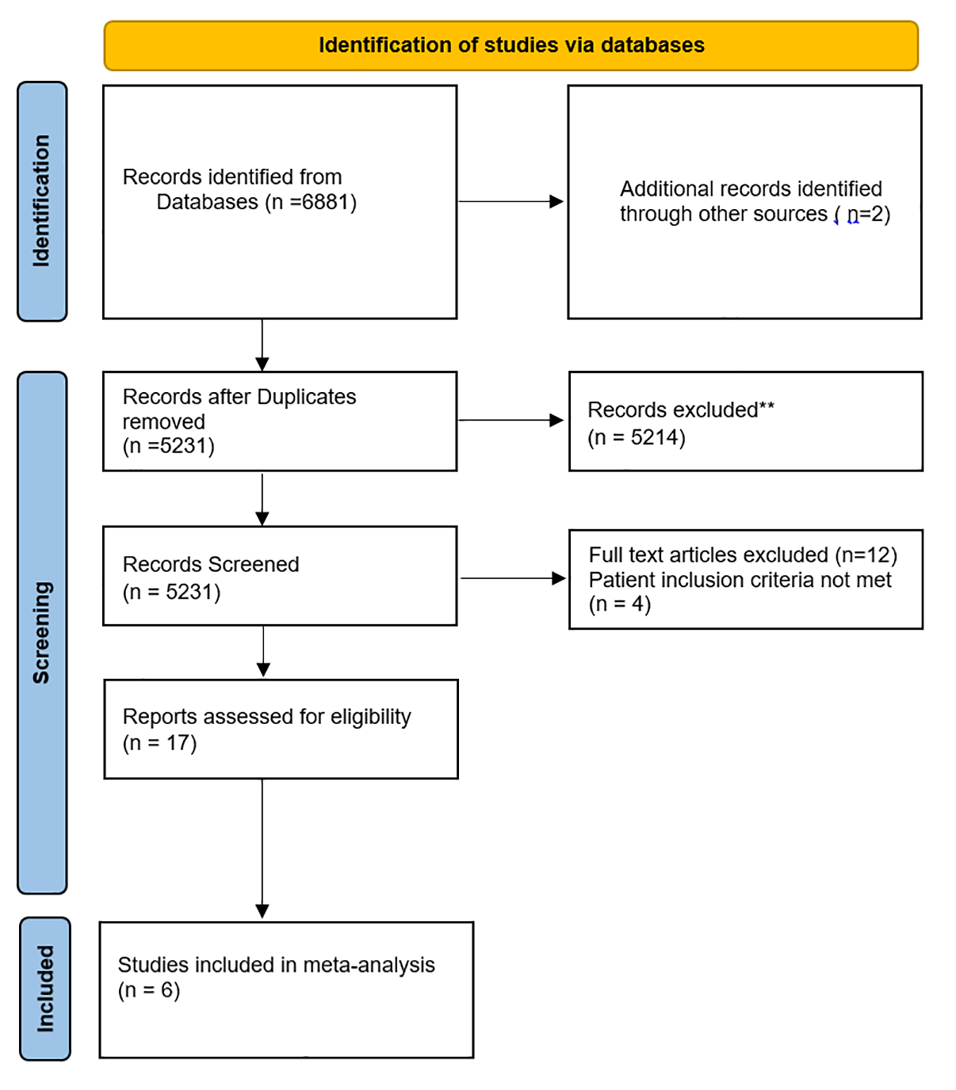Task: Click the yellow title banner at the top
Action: coord(511,46)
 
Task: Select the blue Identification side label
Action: coord(42,201)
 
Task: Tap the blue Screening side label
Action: coord(42,632)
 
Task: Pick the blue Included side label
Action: coord(45,989)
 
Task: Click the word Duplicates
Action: coord(306,397)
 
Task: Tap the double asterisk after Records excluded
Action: coord(767,406)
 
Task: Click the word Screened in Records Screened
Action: coord(253,564)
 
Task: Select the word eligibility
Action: coord(370,717)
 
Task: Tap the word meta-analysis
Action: coord(369,965)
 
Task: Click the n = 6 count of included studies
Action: coord(148,990)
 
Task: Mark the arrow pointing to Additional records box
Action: coord(511,202)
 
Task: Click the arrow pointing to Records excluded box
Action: coord(511,420)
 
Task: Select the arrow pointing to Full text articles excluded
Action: coord(513,578)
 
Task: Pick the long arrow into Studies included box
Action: coord(262,848)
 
